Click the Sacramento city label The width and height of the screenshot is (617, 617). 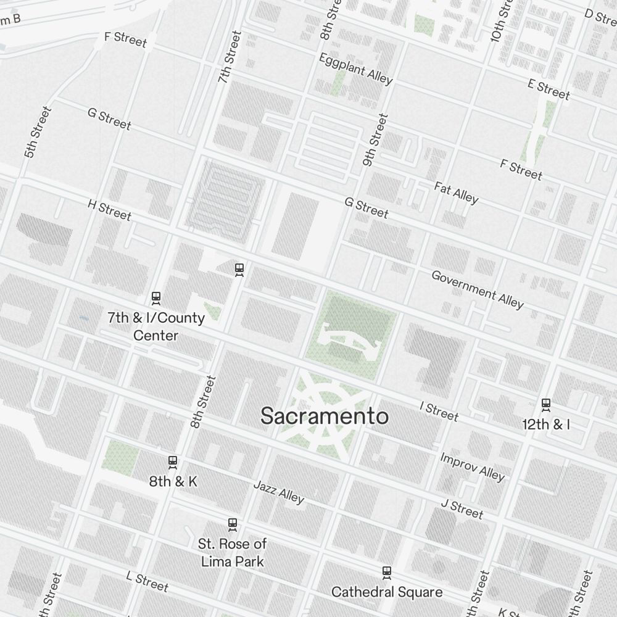click(325, 416)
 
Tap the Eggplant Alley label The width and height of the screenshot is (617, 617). click(355, 68)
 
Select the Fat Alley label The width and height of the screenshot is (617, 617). click(456, 192)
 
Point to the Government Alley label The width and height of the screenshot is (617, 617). click(477, 289)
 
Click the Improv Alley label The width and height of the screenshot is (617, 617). click(472, 466)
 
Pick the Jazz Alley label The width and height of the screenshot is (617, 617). click(279, 491)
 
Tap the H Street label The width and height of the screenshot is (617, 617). click(109, 210)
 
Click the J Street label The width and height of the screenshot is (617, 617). click(462, 508)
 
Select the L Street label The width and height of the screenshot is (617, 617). click(147, 581)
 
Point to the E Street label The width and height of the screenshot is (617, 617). click(549, 89)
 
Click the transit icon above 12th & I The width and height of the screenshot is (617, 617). click(545, 405)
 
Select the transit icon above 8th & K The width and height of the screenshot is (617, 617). click(173, 462)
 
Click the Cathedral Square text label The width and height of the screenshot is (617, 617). click(387, 592)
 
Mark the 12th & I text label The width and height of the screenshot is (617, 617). click(545, 424)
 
